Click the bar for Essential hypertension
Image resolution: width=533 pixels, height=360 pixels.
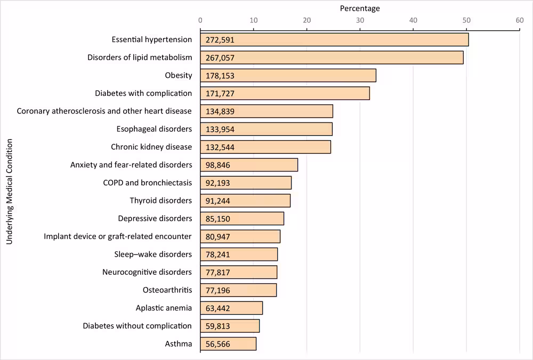pyautogui.click(x=334, y=39)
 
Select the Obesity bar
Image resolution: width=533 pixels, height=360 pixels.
pyautogui.click(x=288, y=76)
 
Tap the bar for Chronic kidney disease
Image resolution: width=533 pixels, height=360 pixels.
pyautogui.click(x=265, y=147)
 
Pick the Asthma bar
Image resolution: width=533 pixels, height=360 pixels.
pyautogui.click(x=228, y=343)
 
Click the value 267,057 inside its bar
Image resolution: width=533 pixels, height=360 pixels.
pyautogui.click(x=220, y=58)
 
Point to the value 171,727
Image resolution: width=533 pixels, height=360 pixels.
pyautogui.click(x=220, y=93)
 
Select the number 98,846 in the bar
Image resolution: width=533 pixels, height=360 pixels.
pyautogui.click(x=218, y=165)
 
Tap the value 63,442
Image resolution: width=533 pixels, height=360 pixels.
pyautogui.click(x=218, y=308)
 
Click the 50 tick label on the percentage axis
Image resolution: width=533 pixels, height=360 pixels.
pyautogui.click(x=466, y=20)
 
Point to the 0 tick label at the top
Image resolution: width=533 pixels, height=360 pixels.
pyautogui.click(x=200, y=20)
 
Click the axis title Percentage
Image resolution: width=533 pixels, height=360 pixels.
pyautogui.click(x=360, y=9)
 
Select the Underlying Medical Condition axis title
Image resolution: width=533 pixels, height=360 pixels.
pyautogui.click(x=9, y=192)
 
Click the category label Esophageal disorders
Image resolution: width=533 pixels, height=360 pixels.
pyautogui.click(x=154, y=129)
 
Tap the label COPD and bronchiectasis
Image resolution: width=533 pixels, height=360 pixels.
pyautogui.click(x=147, y=183)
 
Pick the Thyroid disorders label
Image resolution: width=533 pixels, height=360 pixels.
pyautogui.click(x=160, y=201)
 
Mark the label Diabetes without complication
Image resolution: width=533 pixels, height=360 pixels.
pyautogui.click(x=137, y=325)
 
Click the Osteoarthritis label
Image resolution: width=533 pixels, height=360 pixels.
pyautogui.click(x=167, y=290)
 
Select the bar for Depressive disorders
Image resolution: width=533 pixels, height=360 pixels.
pyautogui.click(x=242, y=218)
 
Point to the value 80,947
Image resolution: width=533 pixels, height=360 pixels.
pyautogui.click(x=218, y=236)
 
